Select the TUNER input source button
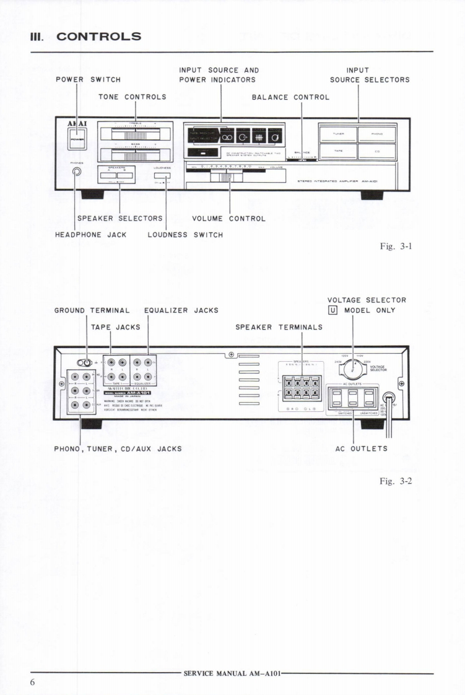(x=338, y=133)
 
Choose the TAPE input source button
(x=338, y=151)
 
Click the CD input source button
(x=377, y=151)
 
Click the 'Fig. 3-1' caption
(x=396, y=247)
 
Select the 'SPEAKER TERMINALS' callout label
(x=279, y=327)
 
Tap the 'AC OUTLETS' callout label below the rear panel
(x=361, y=448)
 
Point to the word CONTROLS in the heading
(x=99, y=36)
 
